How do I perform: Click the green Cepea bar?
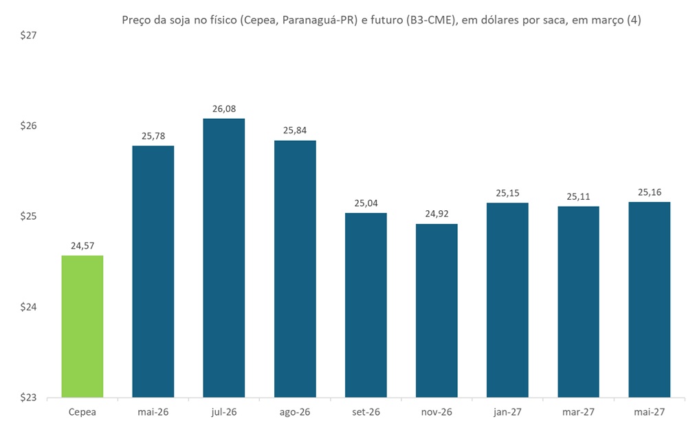[82, 326]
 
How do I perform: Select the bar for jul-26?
[224, 258]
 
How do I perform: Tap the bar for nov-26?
[437, 310]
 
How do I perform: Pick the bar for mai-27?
[649, 299]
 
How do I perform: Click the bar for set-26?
[366, 305]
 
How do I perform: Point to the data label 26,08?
[224, 109]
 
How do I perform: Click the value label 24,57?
[82, 246]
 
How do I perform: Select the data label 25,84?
[295, 130]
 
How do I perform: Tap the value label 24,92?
[437, 214]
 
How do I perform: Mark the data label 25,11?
[578, 196]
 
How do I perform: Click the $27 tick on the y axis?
[28, 36]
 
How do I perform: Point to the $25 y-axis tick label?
[28, 216]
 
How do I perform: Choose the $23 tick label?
[28, 397]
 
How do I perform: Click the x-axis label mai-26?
[153, 412]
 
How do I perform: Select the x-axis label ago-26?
[295, 412]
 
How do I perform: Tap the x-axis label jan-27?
[507, 412]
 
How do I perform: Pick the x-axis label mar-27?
[578, 412]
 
